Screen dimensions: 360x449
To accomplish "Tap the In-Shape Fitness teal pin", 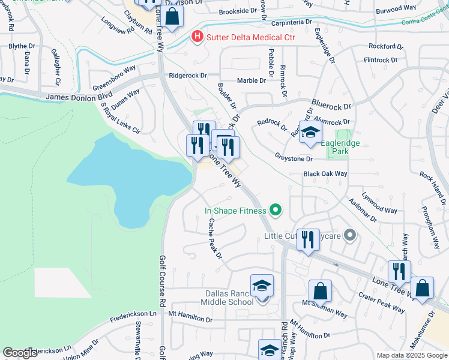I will [276, 210].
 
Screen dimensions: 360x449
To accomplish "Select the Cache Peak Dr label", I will [215, 238].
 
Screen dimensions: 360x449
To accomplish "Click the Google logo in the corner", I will [20, 353].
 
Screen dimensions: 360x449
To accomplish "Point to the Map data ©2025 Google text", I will [412, 355].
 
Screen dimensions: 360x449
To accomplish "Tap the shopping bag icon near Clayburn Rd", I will [172, 17].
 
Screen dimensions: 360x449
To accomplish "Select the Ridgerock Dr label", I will [187, 76].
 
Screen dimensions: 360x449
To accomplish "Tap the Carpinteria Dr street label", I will [292, 22].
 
